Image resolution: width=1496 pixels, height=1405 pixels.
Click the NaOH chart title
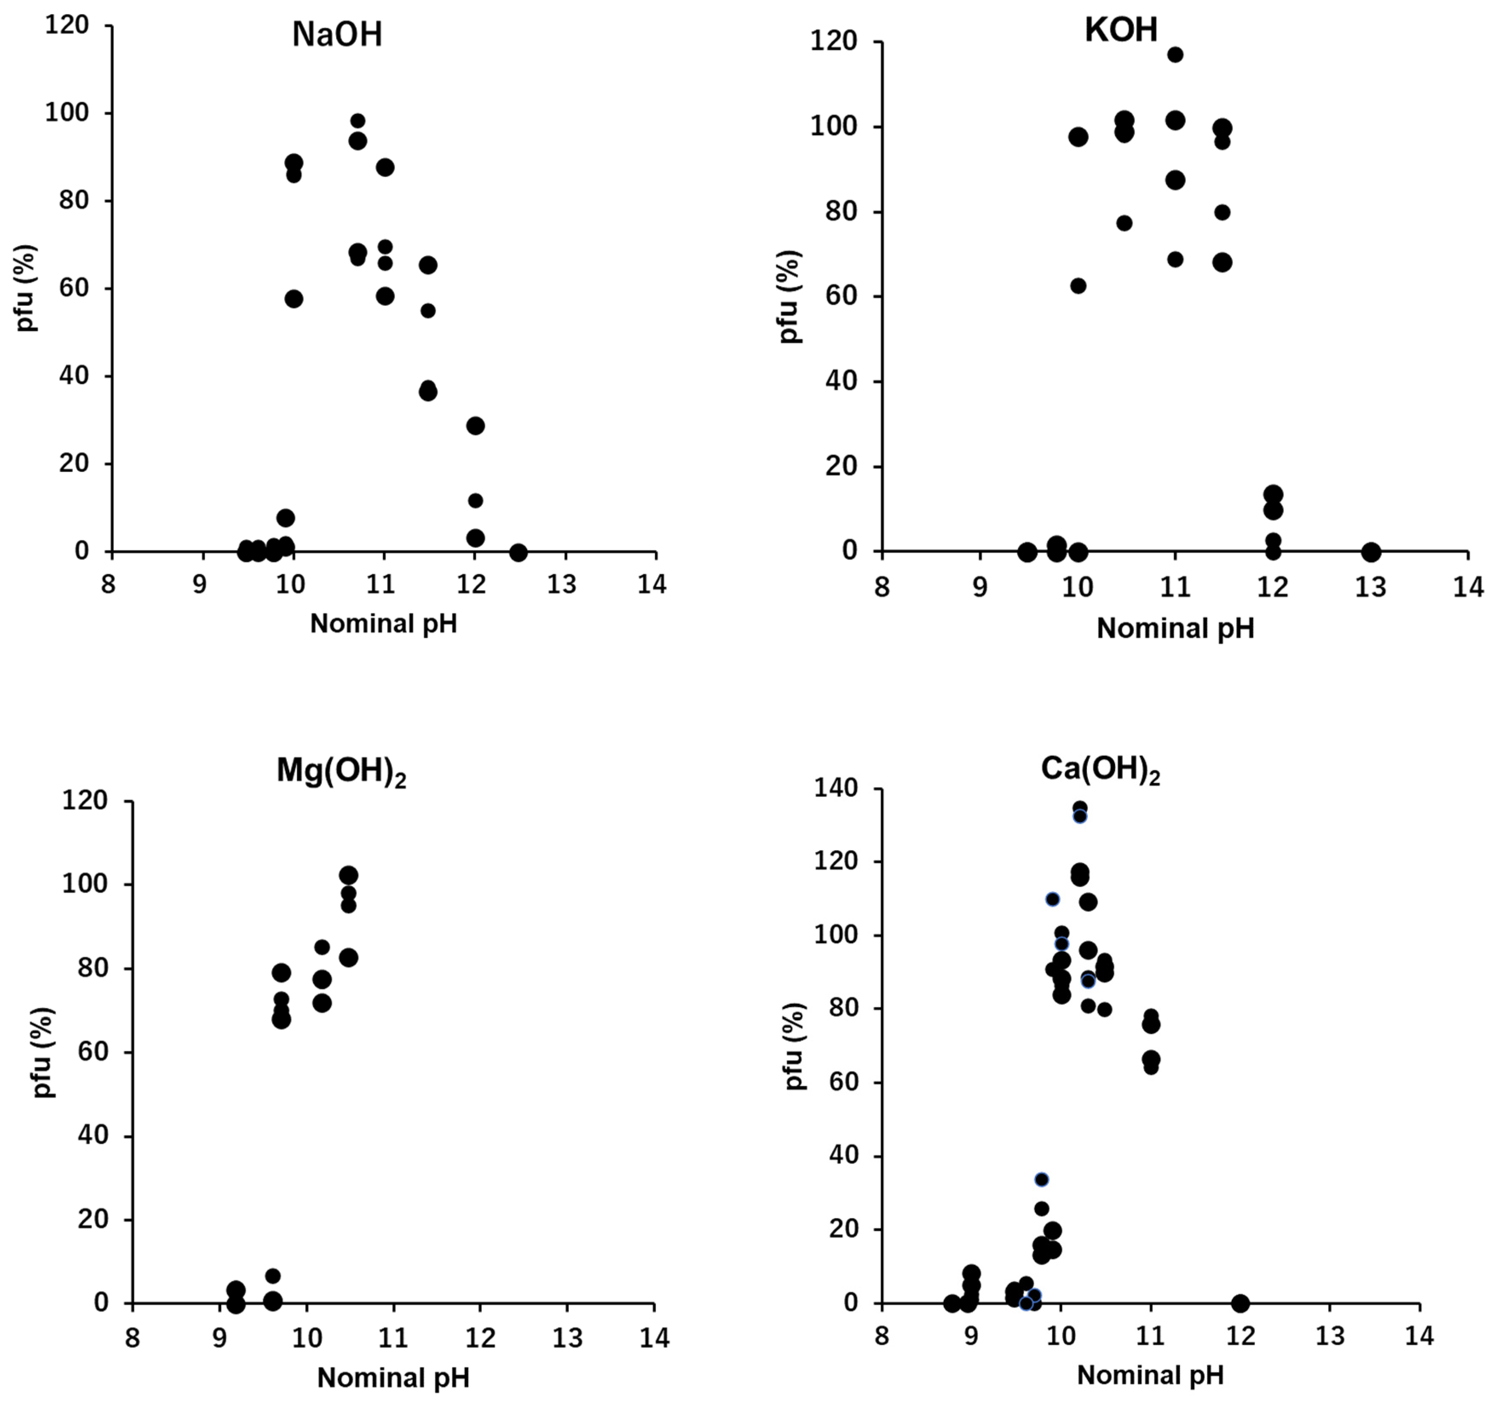point(337,35)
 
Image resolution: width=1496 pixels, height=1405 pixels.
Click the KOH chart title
point(1121,31)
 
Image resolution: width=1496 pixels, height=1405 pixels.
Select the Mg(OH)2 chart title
point(341,772)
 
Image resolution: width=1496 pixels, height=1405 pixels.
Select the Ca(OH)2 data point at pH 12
point(1240,1303)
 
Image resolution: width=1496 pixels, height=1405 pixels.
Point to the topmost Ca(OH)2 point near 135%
point(1080,808)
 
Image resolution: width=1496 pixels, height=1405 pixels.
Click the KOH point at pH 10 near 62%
point(1078,286)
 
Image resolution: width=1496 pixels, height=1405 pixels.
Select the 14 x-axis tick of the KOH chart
point(1467,587)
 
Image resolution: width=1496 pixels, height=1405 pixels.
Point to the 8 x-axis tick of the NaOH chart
point(109,585)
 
